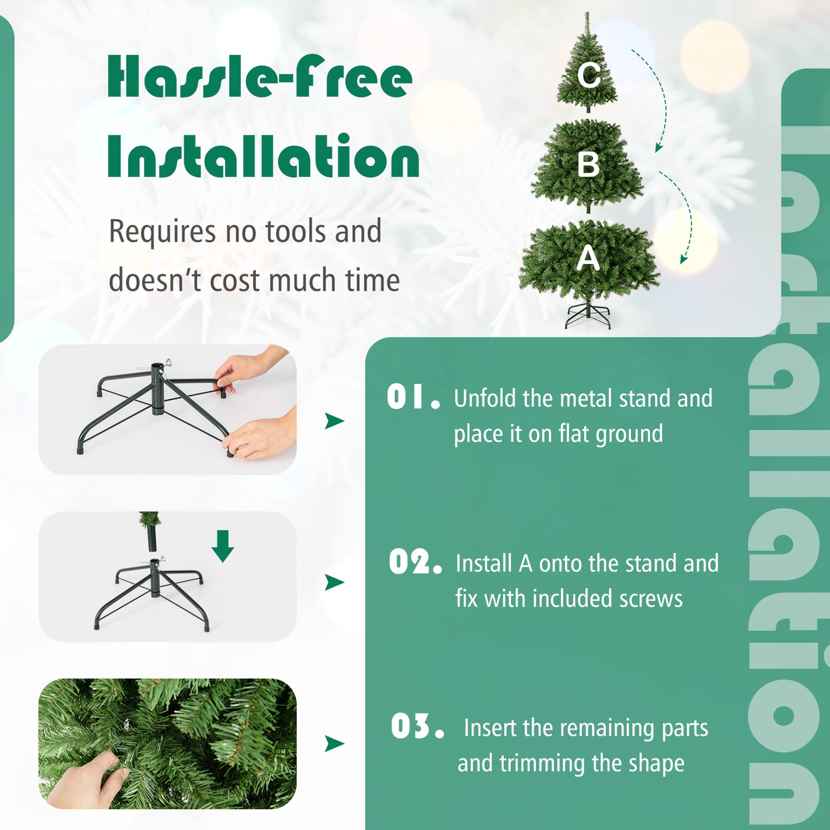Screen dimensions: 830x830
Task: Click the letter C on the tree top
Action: pos(588,75)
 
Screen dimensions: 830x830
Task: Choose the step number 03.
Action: pos(417,726)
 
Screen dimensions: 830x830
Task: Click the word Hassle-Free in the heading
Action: pos(259,76)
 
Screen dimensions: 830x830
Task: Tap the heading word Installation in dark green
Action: pos(263,156)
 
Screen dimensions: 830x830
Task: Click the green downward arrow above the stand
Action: pos(222,545)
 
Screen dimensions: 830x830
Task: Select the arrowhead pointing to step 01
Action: pos(334,421)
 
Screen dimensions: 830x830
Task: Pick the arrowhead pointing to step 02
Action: pos(334,582)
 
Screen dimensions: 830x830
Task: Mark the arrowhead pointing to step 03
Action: pos(334,743)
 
